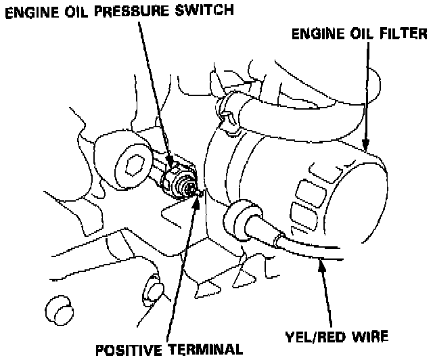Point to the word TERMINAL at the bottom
205,349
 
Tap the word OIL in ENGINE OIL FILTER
355,33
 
